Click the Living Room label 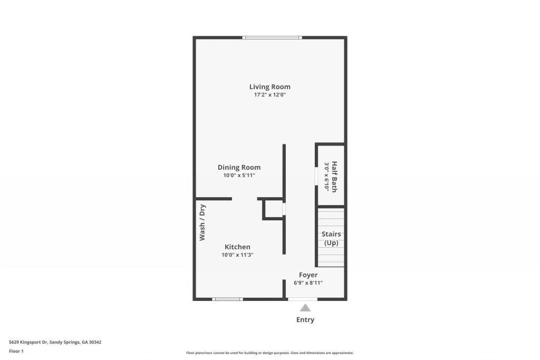[269, 87]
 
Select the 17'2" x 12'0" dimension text [269, 95]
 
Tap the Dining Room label [239, 168]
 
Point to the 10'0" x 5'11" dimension [239, 176]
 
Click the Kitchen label [237, 247]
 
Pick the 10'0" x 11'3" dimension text [237, 255]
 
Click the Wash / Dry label [202, 222]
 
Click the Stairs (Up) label [331, 238]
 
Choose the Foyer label [308, 275]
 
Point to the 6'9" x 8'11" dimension [308, 283]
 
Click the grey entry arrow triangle [305, 308]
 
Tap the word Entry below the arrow [305, 319]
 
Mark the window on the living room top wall [272, 37]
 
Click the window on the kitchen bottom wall [227, 299]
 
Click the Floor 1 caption [16, 351]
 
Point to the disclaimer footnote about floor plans [269, 353]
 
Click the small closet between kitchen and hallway [274, 209]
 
